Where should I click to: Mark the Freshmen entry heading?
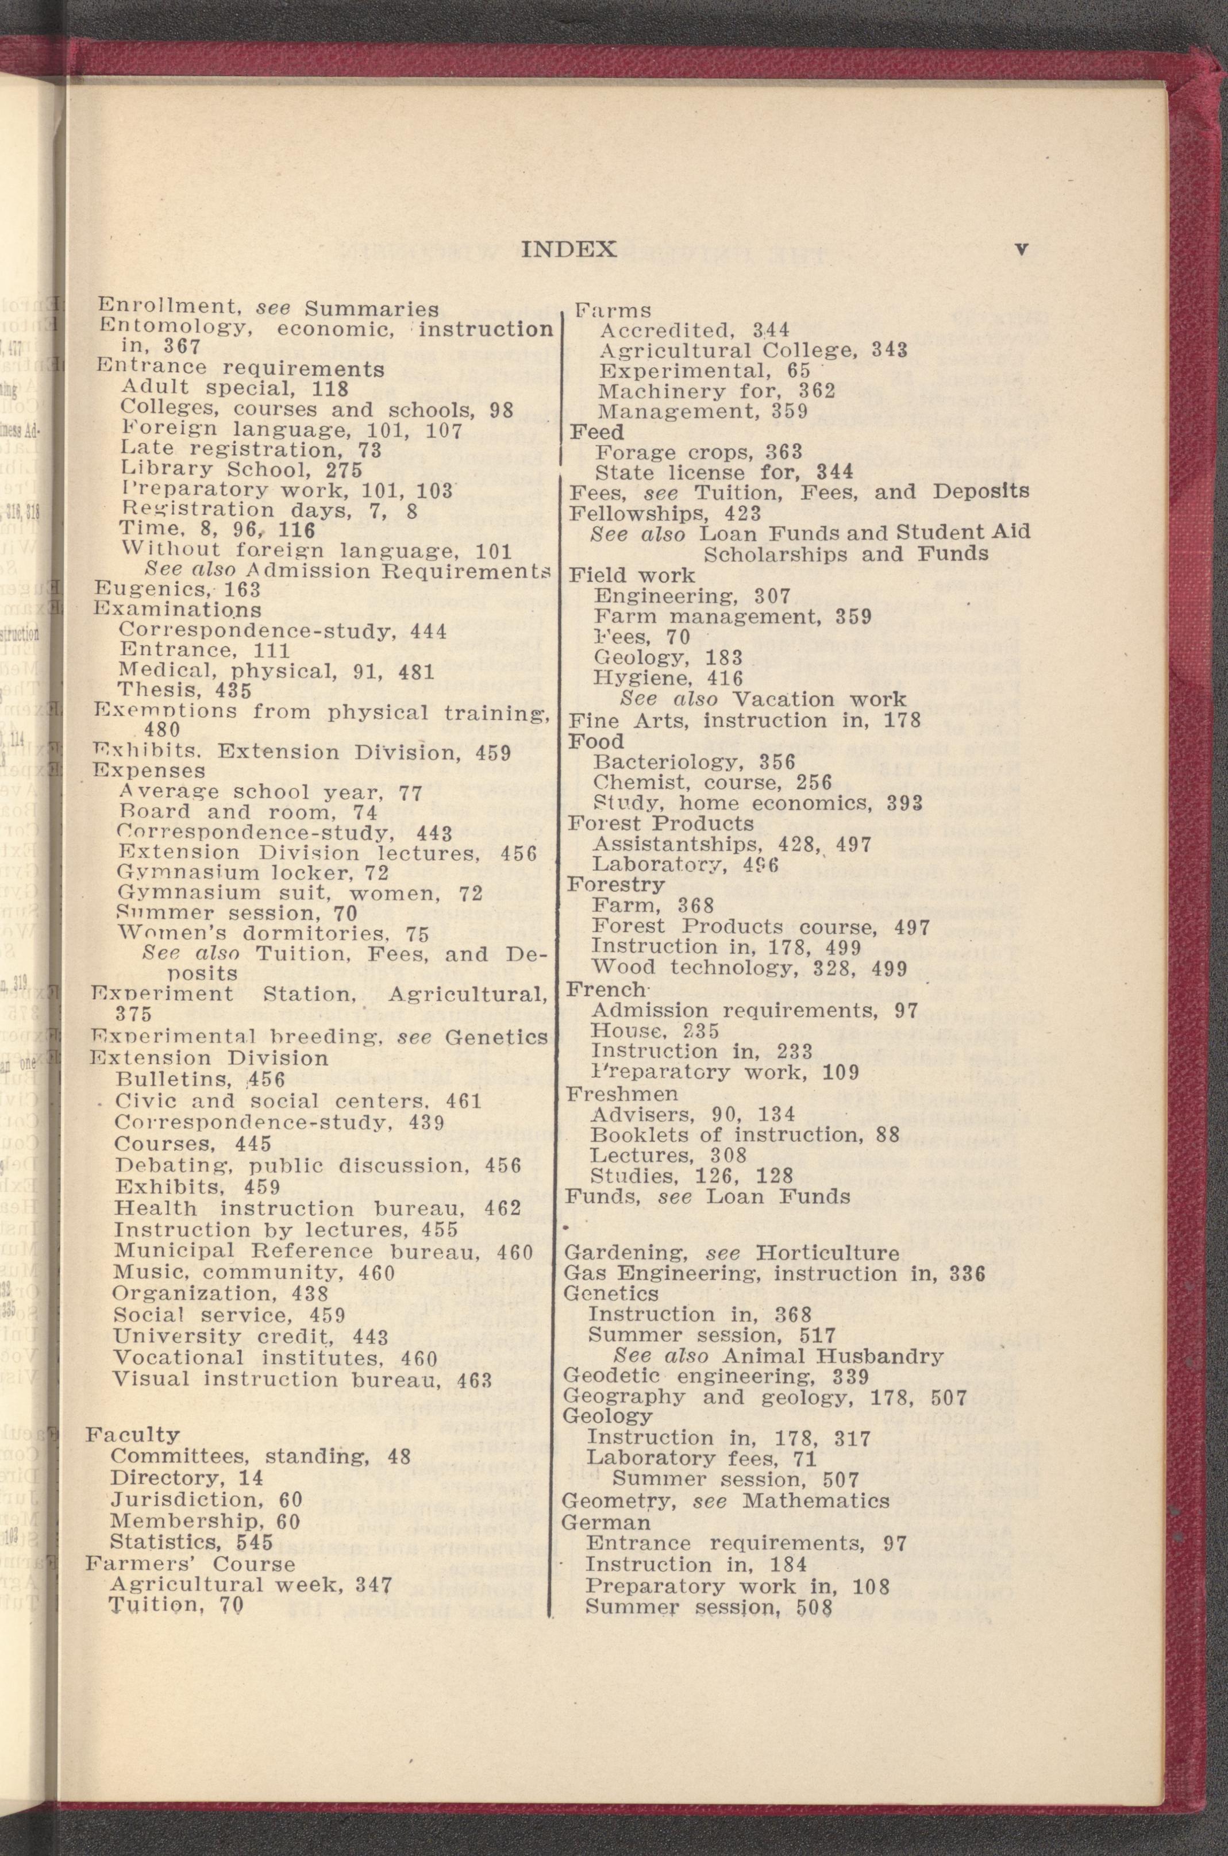[623, 1092]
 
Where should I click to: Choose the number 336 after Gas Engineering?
[963, 1273]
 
